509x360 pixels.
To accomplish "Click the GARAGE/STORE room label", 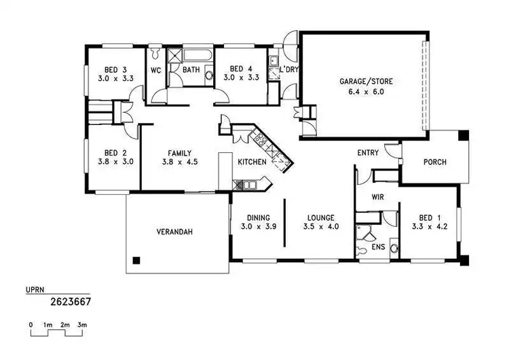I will coord(366,82).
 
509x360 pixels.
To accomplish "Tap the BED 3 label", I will coord(115,69).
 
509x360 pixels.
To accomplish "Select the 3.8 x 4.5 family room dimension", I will coord(178,162).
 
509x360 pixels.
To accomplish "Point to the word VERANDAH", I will coord(174,232).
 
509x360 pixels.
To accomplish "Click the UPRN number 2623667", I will coord(71,300).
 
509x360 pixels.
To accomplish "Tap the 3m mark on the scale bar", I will coord(82,326).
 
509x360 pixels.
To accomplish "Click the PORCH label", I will coord(434,162).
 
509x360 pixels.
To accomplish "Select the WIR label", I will coord(379,197).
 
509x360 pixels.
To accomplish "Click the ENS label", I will coord(378,247).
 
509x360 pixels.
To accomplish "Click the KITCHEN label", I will coord(251,162).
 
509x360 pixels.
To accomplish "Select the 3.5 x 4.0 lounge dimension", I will coord(321,226).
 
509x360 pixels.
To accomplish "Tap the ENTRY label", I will coord(368,153).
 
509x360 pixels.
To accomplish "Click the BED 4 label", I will coord(240,69).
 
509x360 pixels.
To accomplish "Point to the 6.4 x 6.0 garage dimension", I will coord(366,91).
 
